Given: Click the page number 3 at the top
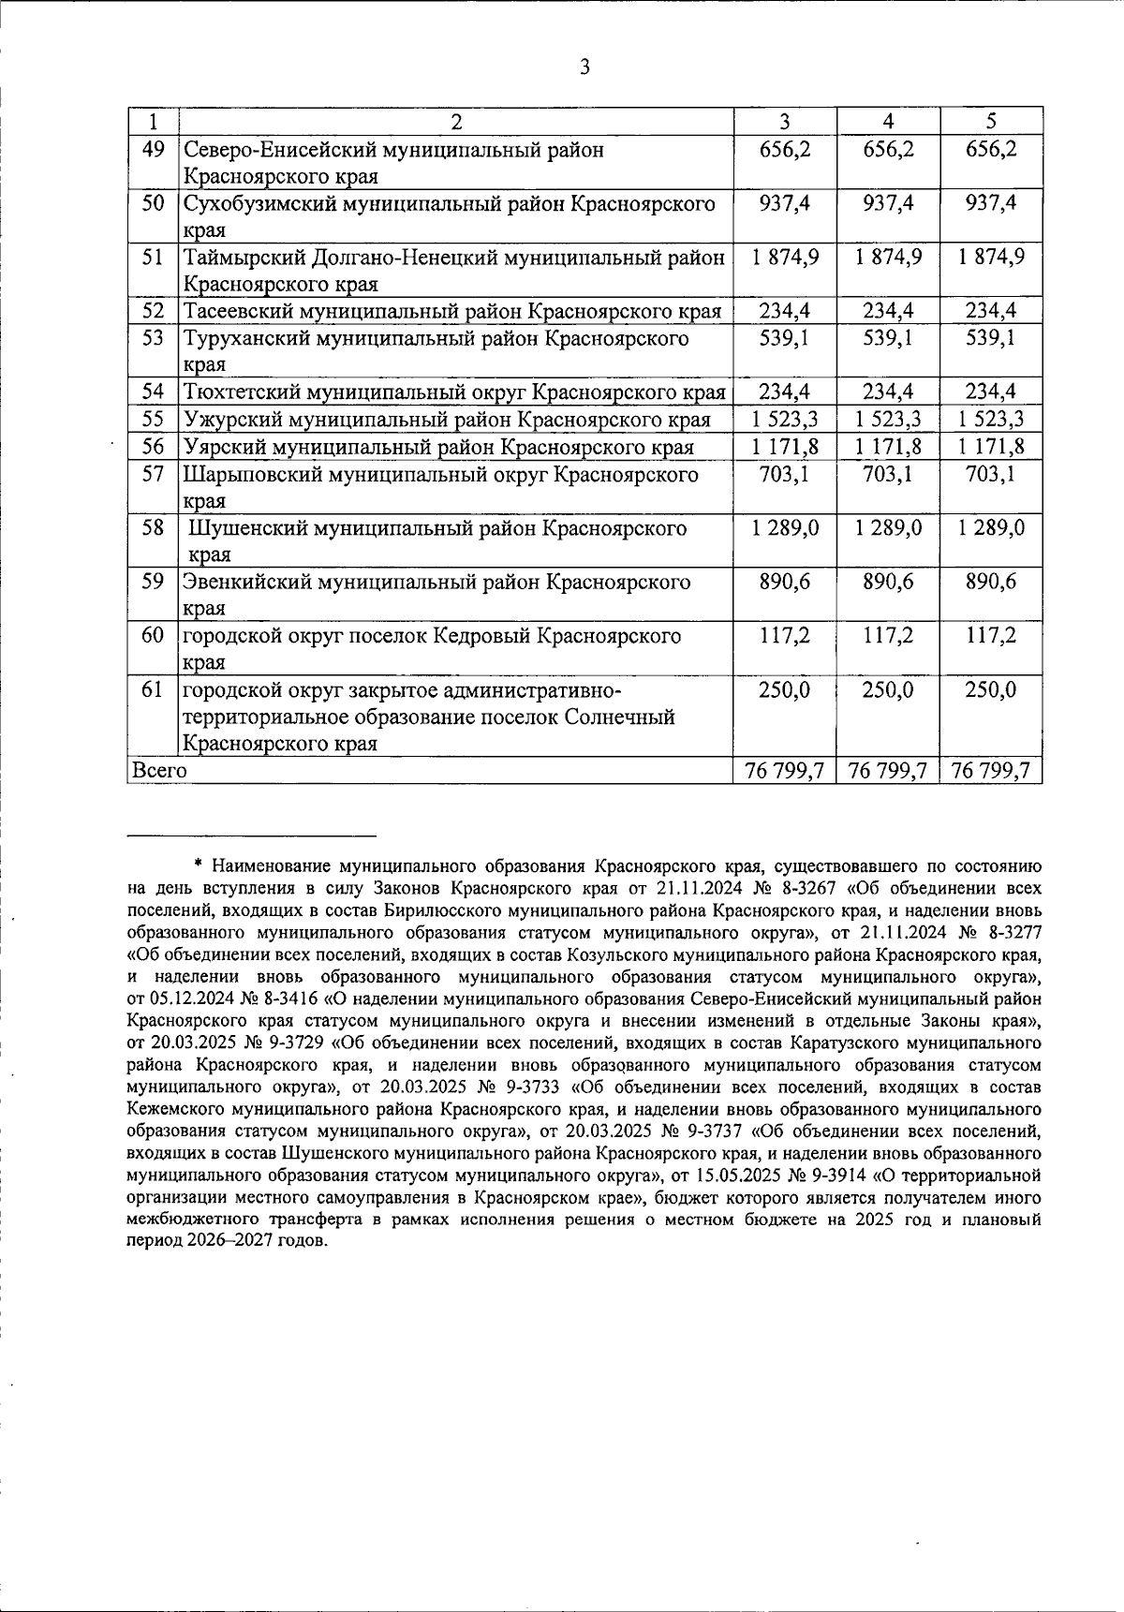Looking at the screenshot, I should (584, 67).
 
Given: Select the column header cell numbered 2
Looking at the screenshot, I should (456, 122).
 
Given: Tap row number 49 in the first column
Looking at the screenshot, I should (153, 149).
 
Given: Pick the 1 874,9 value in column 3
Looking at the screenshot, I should (785, 257).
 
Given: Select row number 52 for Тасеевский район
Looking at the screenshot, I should (153, 311).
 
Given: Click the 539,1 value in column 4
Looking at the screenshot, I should (888, 338).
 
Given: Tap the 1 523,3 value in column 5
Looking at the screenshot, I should (991, 420).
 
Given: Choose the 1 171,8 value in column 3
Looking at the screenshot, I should (785, 447).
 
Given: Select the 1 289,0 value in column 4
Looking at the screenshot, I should (888, 528).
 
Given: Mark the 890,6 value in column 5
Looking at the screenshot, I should (991, 583).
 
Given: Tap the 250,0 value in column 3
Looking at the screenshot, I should (785, 691).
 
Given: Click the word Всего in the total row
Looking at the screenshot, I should (160, 771).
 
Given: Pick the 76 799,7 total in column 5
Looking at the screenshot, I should (991, 771).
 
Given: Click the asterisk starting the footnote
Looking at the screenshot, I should (199, 864).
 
